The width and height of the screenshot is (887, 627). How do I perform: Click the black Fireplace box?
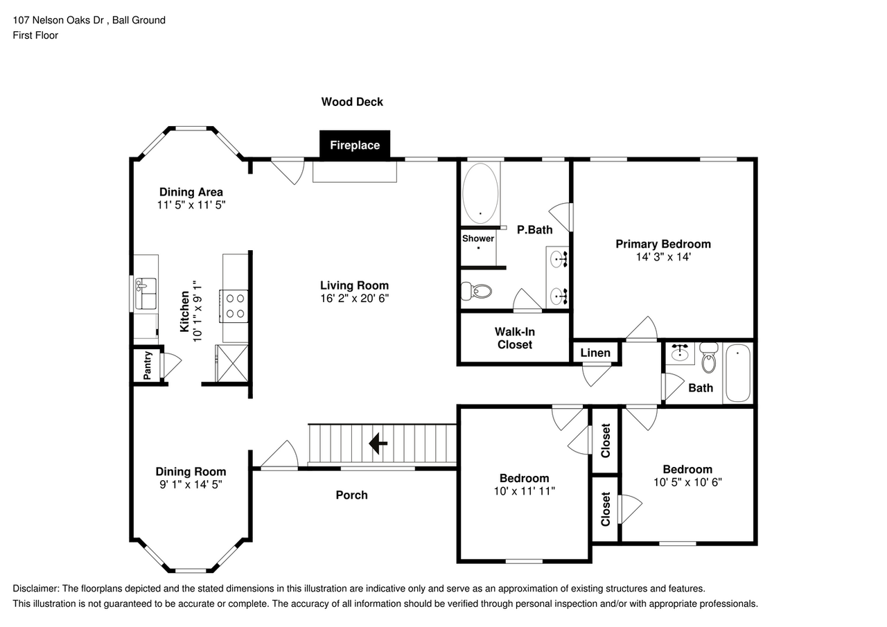pyautogui.click(x=354, y=145)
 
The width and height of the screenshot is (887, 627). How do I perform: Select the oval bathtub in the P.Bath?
pyautogui.click(x=480, y=192)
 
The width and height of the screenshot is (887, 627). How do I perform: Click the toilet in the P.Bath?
pyautogui.click(x=476, y=292)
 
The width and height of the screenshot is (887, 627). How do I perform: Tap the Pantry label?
pyautogui.click(x=147, y=365)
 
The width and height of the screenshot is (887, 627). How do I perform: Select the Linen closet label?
pyautogui.click(x=595, y=353)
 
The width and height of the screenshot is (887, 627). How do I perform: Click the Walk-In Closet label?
pyautogui.click(x=514, y=338)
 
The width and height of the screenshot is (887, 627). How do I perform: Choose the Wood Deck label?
pyautogui.click(x=352, y=102)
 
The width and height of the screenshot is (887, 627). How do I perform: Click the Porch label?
pyautogui.click(x=351, y=495)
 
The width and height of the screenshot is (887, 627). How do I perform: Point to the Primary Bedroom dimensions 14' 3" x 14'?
pyautogui.click(x=663, y=256)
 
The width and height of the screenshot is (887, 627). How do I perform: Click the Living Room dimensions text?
pyautogui.click(x=354, y=298)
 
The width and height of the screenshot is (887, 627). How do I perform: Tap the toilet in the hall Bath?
pyautogui.click(x=708, y=359)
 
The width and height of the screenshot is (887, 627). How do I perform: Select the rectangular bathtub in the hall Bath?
pyautogui.click(x=737, y=373)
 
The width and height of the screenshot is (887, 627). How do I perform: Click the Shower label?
pyautogui.click(x=478, y=238)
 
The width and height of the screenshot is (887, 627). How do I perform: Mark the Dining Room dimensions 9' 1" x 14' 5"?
pyautogui.click(x=191, y=484)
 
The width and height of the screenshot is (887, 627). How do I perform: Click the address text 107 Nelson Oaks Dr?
pyautogui.click(x=60, y=20)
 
